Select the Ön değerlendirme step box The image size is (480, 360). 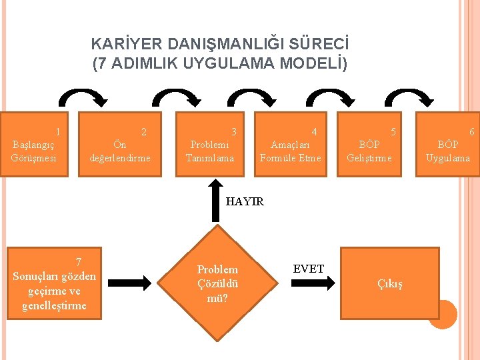(121, 144)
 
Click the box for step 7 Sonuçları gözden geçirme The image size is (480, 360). (55, 283)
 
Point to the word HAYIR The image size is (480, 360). (245, 201)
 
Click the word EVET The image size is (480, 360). (308, 269)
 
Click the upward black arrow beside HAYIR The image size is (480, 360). (215, 199)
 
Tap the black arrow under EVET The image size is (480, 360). (308, 283)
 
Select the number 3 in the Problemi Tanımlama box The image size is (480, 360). (233, 132)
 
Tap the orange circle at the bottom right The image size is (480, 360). (442, 315)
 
